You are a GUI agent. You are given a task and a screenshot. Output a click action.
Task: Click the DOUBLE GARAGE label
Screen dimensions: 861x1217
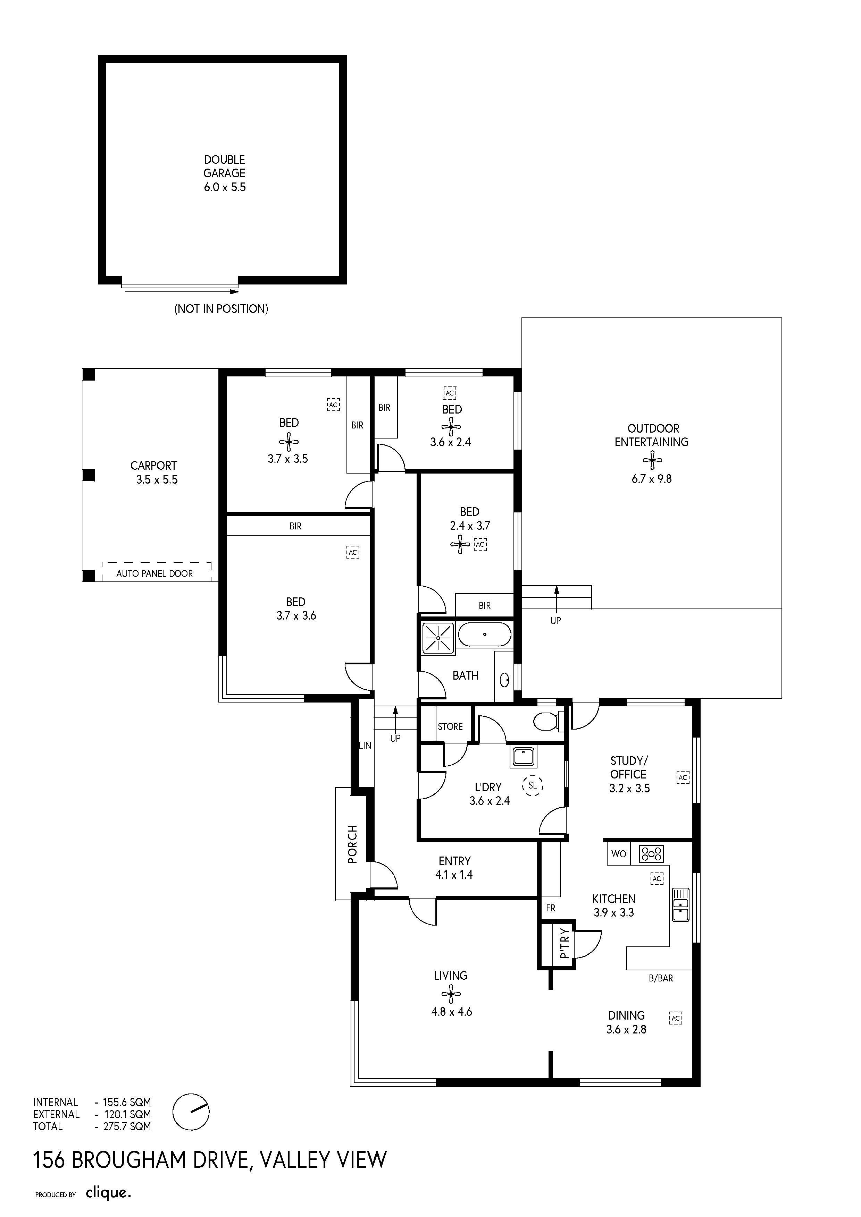[224, 167]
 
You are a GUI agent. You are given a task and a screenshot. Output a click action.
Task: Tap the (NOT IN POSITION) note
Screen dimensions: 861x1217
[221, 308]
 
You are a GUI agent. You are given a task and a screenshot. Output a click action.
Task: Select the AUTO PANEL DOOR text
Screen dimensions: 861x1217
[154, 573]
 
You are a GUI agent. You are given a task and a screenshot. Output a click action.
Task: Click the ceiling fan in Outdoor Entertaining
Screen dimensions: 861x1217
[652, 460]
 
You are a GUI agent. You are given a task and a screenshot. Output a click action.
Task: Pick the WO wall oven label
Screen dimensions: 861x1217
[619, 854]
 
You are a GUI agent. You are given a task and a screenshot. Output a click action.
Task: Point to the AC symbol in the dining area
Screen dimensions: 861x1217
[675, 1018]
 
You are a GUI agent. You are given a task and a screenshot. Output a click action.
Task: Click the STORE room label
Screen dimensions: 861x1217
[450, 727]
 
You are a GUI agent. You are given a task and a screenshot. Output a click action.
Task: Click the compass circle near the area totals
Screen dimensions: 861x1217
[191, 1112]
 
